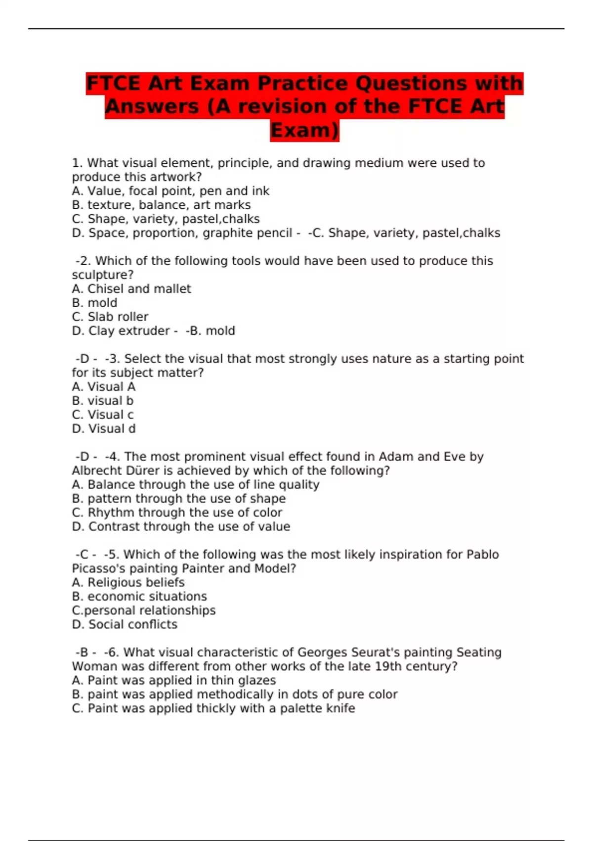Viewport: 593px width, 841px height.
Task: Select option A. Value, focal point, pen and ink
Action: [170, 191]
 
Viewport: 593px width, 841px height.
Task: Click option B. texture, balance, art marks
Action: [161, 205]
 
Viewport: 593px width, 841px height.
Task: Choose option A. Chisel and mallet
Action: [131, 289]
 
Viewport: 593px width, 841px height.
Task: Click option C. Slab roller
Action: [110, 317]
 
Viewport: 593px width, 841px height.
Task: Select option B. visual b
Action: [103, 401]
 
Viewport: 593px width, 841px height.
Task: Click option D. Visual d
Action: [104, 429]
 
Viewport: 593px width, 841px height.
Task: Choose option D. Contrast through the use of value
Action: [181, 527]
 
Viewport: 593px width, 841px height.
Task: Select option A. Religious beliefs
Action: [128, 583]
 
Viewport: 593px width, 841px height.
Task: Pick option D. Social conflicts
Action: [125, 625]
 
